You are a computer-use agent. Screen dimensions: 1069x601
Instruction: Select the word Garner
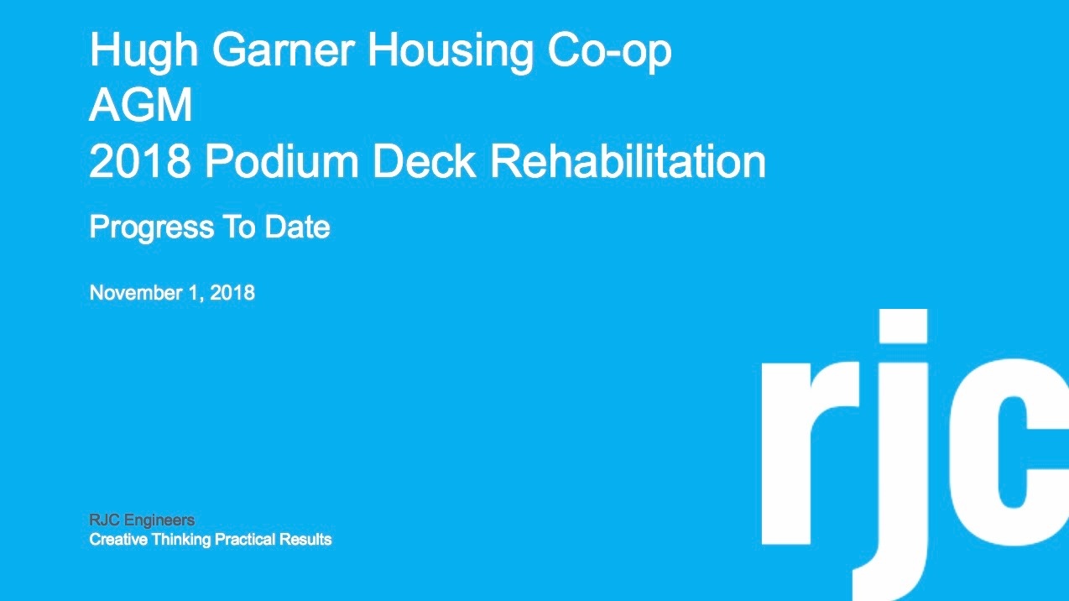(283, 50)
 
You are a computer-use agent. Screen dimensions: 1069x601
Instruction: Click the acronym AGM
(141, 105)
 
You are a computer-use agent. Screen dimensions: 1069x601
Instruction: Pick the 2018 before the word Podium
(140, 161)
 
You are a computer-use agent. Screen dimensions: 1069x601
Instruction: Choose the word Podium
(282, 161)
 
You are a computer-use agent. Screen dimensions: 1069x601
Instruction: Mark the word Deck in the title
(424, 161)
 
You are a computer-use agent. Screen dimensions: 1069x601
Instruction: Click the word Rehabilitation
(628, 161)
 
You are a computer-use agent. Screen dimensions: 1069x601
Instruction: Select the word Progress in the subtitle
(152, 227)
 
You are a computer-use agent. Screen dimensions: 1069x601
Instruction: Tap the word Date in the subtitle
(297, 227)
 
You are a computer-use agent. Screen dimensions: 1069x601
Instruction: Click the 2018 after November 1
(232, 293)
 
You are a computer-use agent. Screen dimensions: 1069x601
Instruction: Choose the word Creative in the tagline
(118, 540)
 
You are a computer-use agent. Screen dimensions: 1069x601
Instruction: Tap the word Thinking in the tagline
(181, 540)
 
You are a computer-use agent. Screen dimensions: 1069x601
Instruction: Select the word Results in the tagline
(305, 540)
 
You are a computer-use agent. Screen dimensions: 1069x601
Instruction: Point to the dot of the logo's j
(903, 326)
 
